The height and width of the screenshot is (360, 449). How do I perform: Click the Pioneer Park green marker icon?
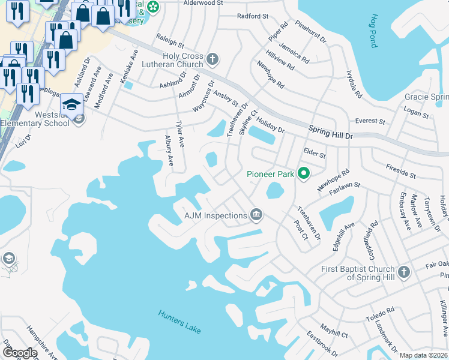(304, 174)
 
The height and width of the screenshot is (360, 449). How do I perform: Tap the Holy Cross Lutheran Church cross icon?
(212, 59)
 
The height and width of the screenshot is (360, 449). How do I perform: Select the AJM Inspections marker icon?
(256, 215)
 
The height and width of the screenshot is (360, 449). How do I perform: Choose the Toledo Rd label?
(382, 314)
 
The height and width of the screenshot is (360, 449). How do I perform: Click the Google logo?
(20, 353)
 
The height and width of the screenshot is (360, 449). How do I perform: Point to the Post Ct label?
(301, 229)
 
